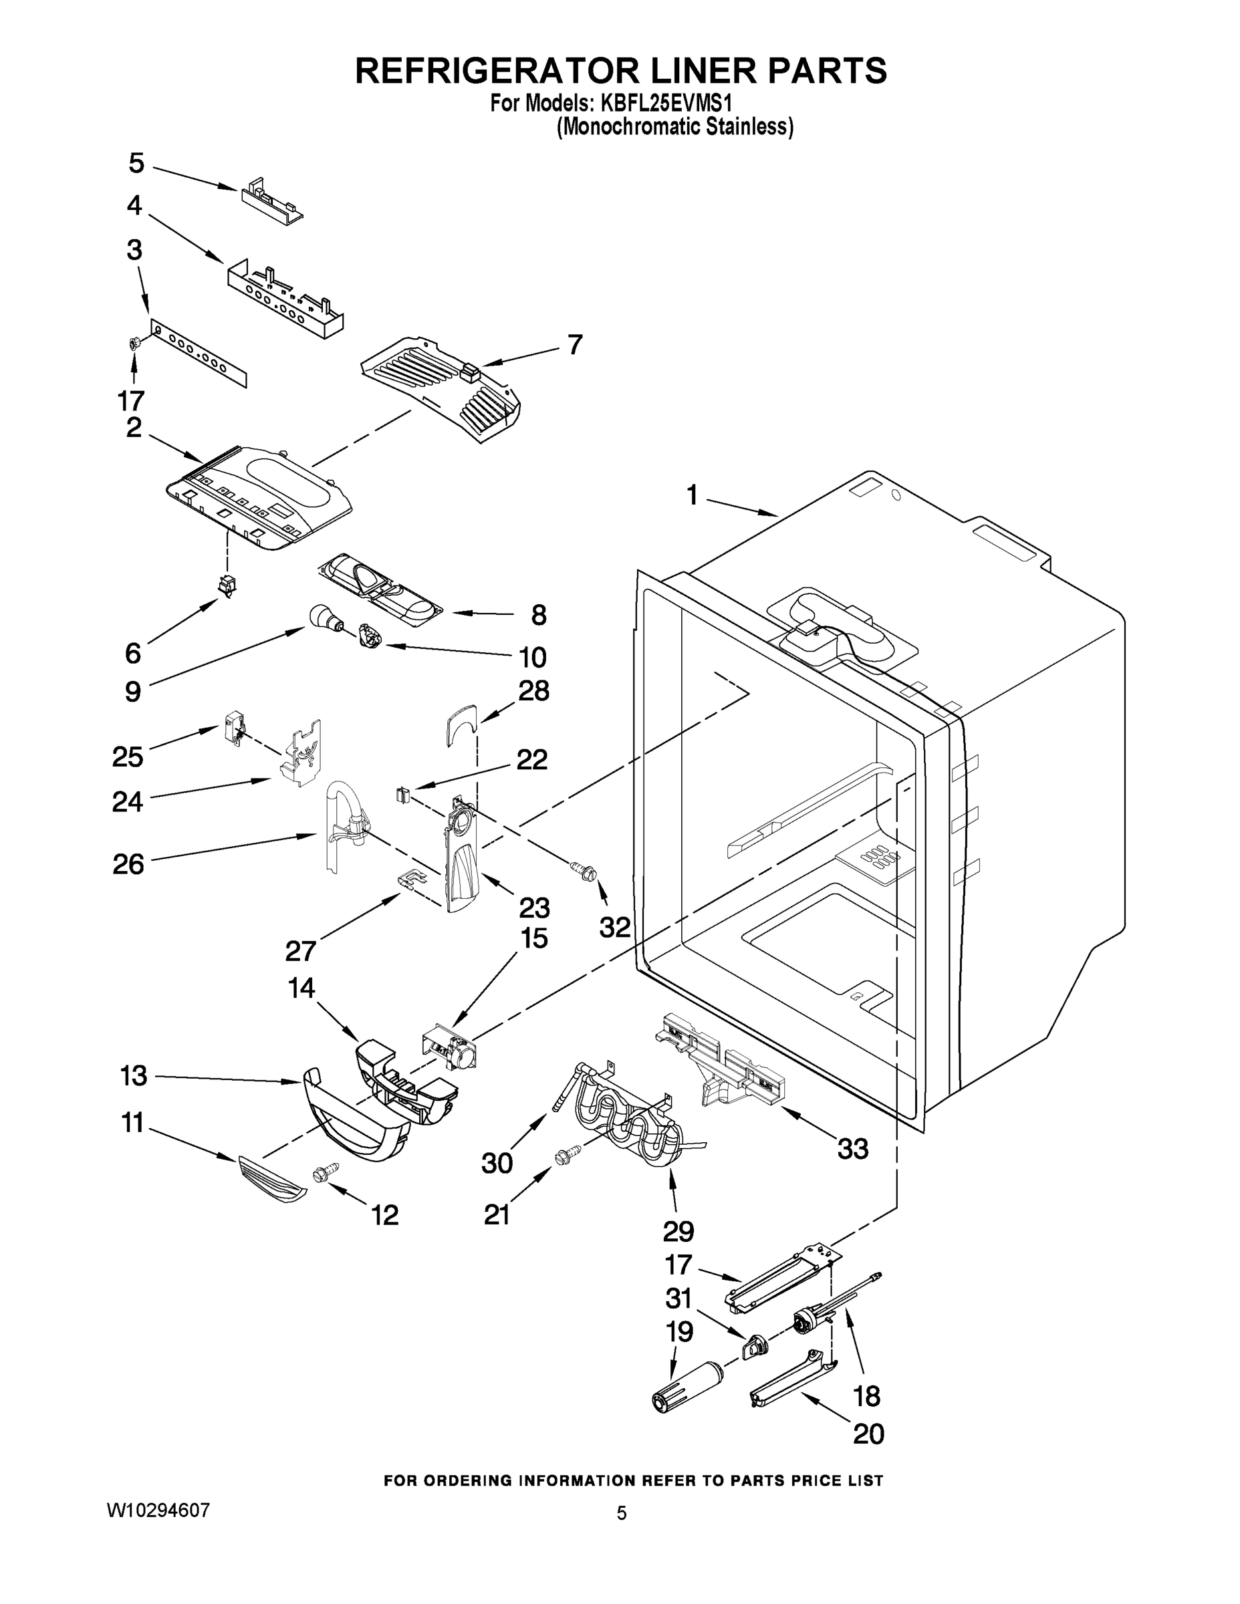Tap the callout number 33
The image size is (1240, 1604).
(852, 1148)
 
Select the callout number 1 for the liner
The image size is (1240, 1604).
(692, 496)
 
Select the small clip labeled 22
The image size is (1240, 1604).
(402, 794)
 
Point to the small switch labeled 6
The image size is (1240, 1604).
(228, 585)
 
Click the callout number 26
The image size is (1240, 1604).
(128, 863)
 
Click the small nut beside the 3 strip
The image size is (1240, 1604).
(135, 342)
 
